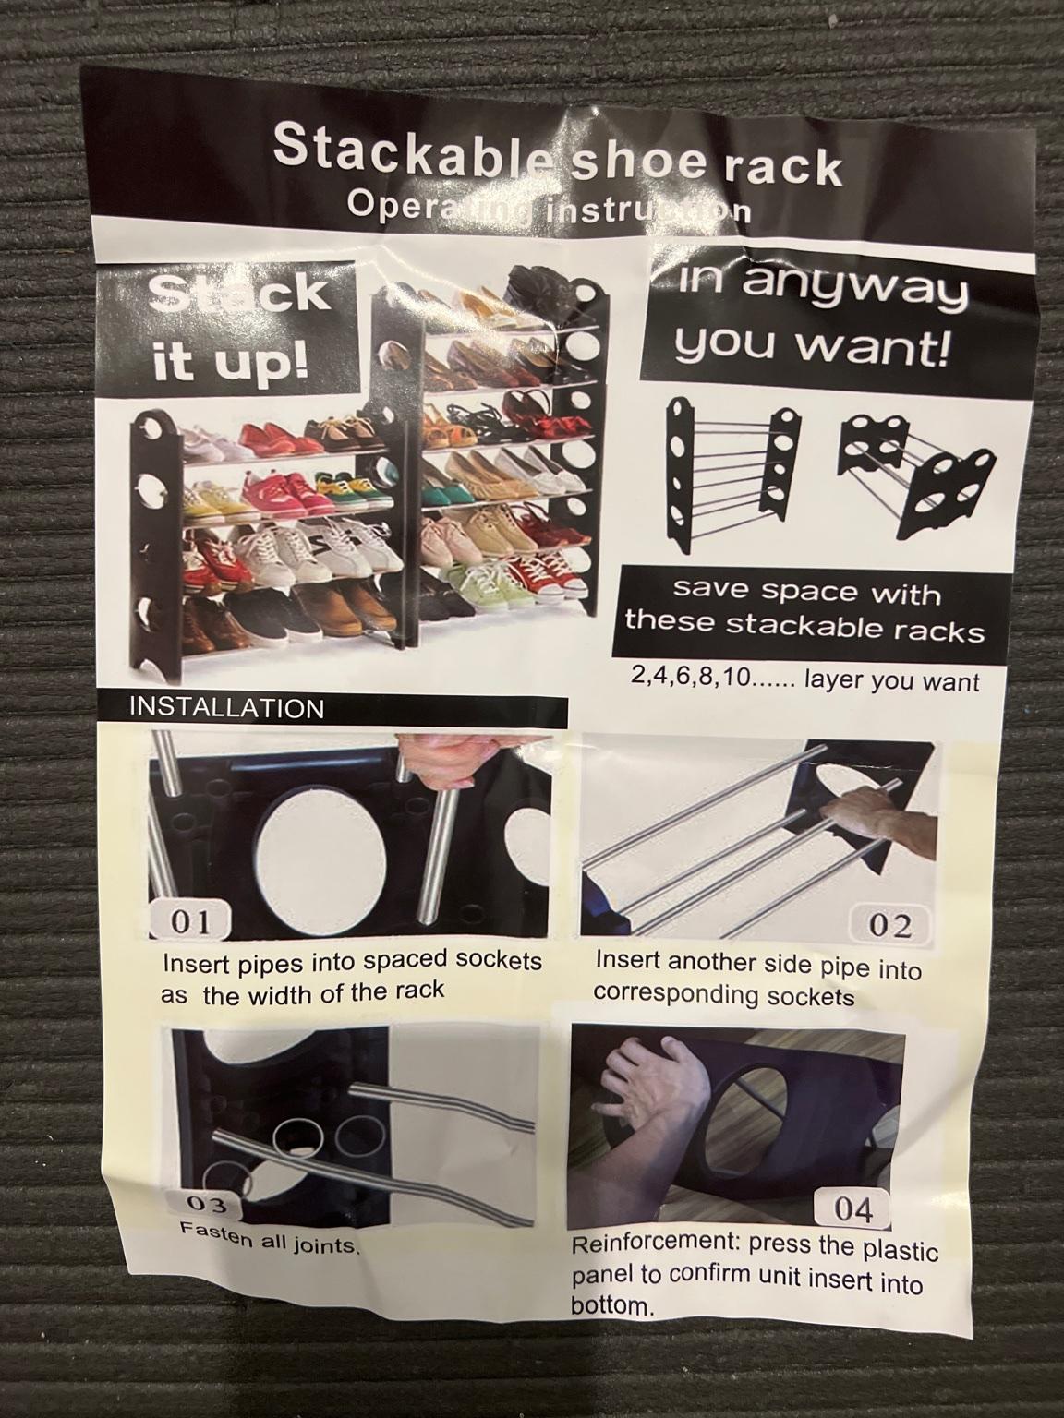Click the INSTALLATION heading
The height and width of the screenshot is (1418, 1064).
point(227,708)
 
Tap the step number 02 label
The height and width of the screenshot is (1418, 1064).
point(889,926)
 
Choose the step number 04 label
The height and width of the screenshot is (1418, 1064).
point(852,1209)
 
